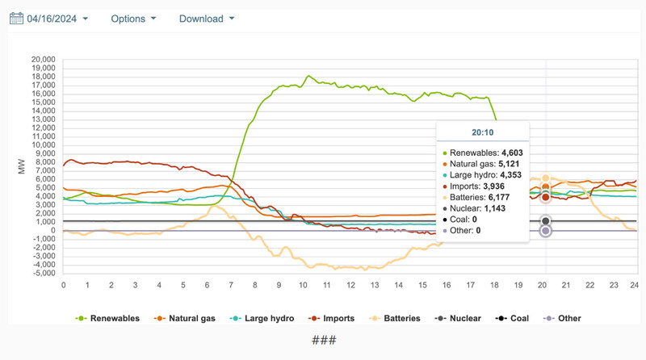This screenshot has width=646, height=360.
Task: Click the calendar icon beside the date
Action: [x=17, y=19]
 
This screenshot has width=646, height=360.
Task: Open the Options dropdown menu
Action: [x=133, y=19]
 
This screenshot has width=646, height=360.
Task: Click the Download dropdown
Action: [x=207, y=19]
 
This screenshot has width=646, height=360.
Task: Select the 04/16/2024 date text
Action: [x=53, y=19]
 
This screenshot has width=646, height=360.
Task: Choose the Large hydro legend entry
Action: [x=263, y=318]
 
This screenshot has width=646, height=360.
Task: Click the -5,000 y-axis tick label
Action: [x=41, y=273]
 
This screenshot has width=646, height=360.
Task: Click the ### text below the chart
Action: [x=323, y=340]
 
